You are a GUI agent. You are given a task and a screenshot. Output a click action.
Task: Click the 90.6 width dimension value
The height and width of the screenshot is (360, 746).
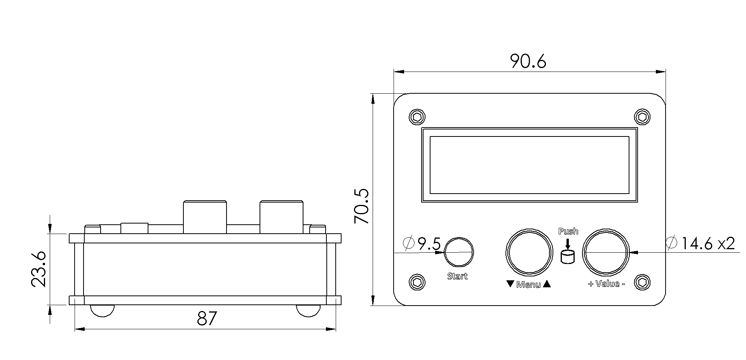tap(528, 61)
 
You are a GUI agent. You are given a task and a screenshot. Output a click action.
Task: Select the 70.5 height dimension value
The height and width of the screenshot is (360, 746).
tap(362, 206)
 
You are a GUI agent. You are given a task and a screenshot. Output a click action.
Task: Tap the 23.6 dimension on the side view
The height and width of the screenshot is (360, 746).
tap(39, 269)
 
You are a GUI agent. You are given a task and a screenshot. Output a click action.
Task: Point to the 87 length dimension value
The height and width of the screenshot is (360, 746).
tap(206, 319)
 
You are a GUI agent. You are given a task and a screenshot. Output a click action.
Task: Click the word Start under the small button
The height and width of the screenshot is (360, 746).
tap(457, 276)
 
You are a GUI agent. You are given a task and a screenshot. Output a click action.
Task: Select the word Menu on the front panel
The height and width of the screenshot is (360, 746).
tap(528, 285)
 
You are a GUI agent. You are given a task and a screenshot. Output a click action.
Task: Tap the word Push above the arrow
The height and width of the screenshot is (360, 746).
tap(568, 231)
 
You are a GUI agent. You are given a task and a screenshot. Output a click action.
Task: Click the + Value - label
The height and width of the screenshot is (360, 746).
tap(606, 284)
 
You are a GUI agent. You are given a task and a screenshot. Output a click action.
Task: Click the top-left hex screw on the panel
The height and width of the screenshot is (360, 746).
tap(417, 117)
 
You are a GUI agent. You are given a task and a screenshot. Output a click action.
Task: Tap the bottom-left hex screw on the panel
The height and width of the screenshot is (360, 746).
tap(417, 282)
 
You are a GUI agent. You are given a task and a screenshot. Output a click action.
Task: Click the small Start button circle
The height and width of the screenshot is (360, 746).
tap(459, 252)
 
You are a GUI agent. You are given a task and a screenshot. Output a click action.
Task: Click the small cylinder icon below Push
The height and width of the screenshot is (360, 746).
tap(568, 257)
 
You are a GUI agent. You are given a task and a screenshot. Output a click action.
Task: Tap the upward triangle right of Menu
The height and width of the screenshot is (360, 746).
tap(547, 284)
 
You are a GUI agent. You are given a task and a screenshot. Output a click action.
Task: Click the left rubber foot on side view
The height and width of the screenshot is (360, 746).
tap(102, 311)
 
